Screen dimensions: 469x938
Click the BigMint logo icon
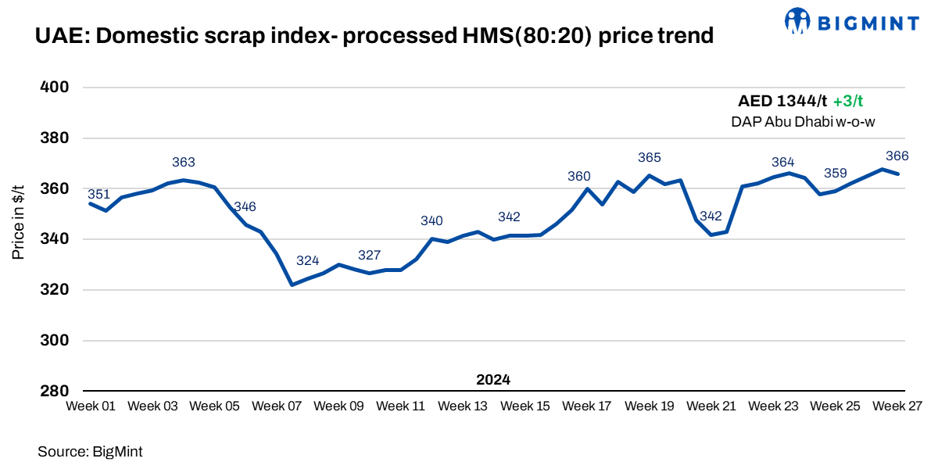[x=797, y=21]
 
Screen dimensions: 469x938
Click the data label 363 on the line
[x=184, y=163]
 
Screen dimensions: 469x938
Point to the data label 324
[x=308, y=261]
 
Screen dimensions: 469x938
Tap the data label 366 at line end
[x=897, y=156]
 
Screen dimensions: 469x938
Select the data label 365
[x=650, y=158]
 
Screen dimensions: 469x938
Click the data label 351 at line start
[x=98, y=194]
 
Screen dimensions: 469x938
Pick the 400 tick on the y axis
[x=55, y=88]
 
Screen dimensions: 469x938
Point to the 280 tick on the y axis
[x=55, y=391]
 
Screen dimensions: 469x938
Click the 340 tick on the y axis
[x=55, y=239]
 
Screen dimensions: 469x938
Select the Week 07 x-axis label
[x=277, y=406]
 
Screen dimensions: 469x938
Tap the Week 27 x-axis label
[x=897, y=406]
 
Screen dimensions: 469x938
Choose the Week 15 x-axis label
[x=525, y=406]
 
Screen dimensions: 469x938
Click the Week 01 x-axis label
[x=91, y=406]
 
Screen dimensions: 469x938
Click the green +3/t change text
[x=847, y=102]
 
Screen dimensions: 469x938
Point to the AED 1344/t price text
[x=782, y=102]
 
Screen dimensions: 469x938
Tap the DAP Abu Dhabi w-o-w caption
[x=803, y=121]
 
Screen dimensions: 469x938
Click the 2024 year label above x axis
[x=493, y=380]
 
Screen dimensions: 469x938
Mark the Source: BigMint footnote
[x=90, y=451]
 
